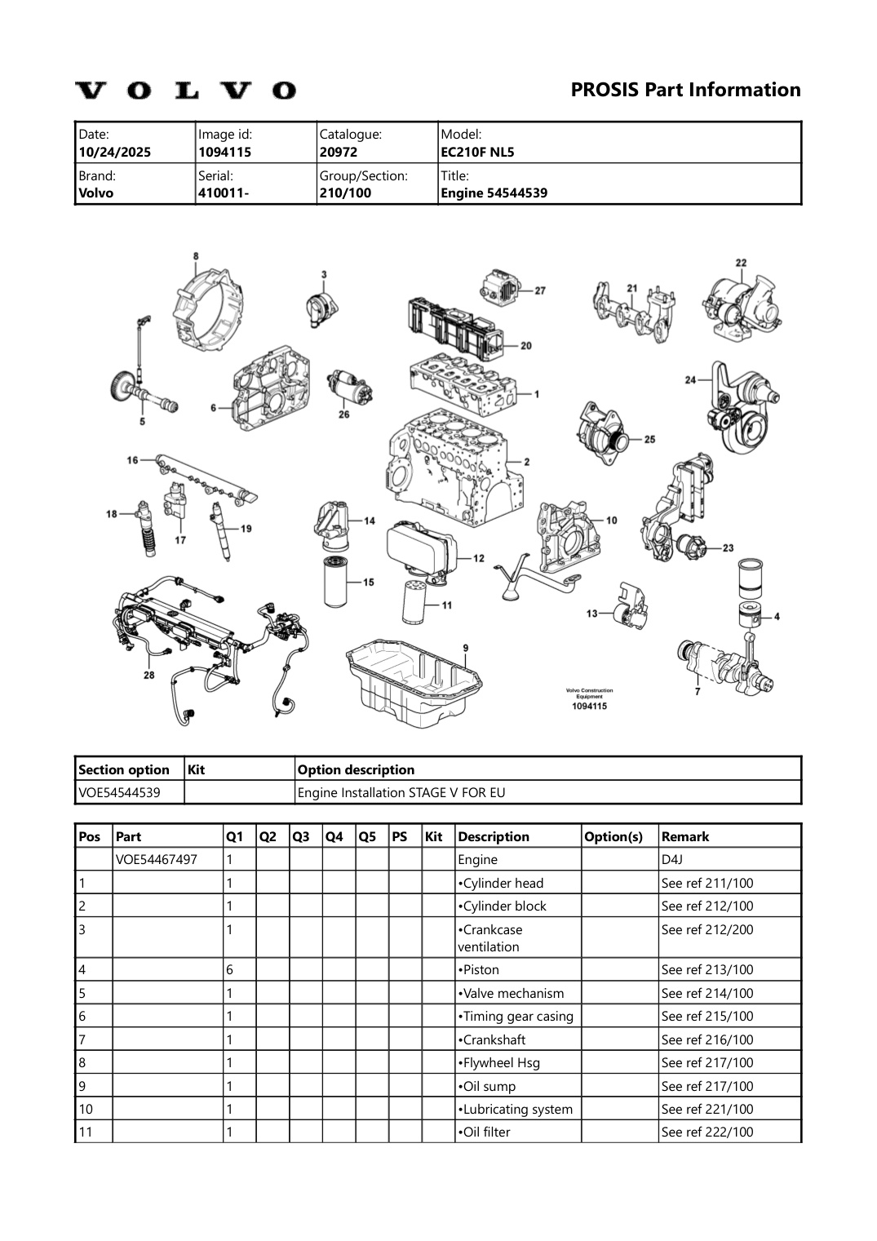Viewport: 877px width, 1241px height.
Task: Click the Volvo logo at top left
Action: [x=186, y=90]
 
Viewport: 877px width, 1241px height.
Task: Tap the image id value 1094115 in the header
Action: [x=224, y=152]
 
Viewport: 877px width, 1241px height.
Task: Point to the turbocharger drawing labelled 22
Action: [x=743, y=304]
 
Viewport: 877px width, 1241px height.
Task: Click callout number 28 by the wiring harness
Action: [x=149, y=675]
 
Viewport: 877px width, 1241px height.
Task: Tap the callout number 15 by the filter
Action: [x=369, y=583]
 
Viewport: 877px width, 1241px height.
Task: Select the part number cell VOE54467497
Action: [x=156, y=859]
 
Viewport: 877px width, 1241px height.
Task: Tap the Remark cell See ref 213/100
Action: [x=706, y=969]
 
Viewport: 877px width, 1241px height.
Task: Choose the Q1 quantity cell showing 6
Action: [x=230, y=969]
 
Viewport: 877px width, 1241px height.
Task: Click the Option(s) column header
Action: [x=613, y=836]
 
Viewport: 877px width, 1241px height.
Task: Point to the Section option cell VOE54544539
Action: [x=119, y=792]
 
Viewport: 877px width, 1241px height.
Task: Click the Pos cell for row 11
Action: [x=86, y=1132]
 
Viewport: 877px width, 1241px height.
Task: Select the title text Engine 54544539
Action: [x=494, y=193]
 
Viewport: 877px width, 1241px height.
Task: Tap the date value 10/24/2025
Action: [x=114, y=152]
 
